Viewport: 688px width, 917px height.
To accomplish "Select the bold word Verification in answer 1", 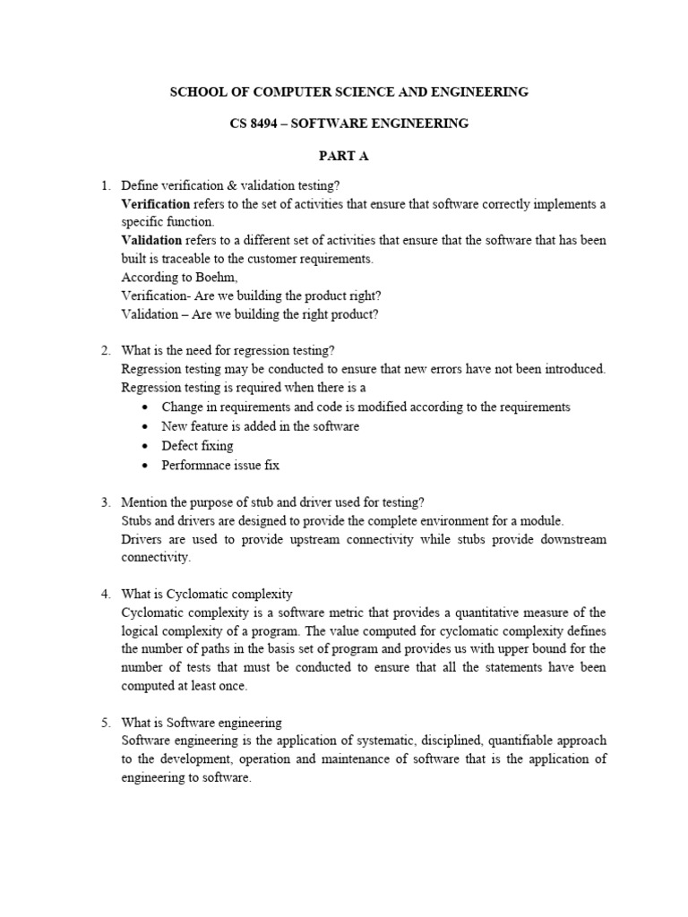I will pyautogui.click(x=155, y=204).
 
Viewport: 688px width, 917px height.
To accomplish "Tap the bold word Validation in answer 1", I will pyautogui.click(x=151, y=241).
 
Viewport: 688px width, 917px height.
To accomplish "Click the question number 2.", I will pyautogui.click(x=105, y=350).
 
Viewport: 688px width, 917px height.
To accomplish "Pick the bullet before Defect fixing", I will pyautogui.click(x=147, y=446).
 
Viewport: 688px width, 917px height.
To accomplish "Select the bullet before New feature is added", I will pyautogui.click(x=147, y=427).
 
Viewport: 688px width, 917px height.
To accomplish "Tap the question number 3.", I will pyautogui.click(x=105, y=502).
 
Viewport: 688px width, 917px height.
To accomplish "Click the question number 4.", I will pyautogui.click(x=105, y=594).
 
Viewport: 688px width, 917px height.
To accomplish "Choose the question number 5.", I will pyautogui.click(x=105, y=723).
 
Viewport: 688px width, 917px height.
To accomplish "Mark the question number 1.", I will pyautogui.click(x=105, y=185).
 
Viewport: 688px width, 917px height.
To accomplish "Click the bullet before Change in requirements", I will pyautogui.click(x=147, y=407).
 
